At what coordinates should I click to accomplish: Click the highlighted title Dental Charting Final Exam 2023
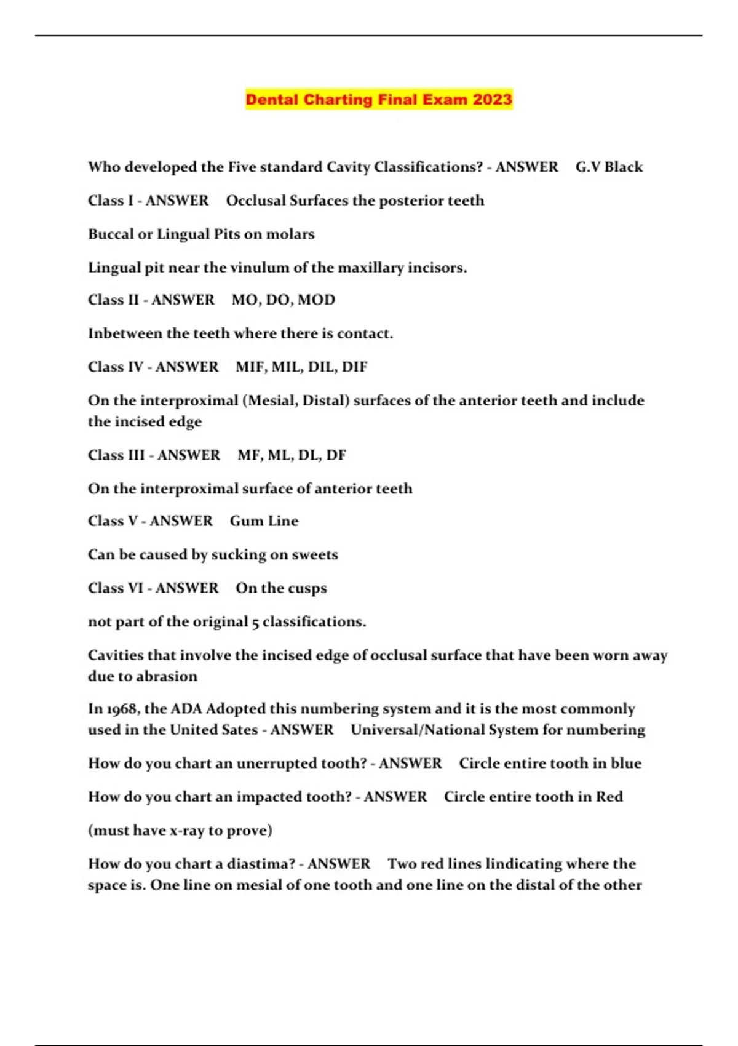pyautogui.click(x=378, y=99)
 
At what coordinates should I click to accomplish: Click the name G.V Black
pyautogui.click(x=609, y=167)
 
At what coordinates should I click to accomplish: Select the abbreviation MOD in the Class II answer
pyautogui.click(x=317, y=300)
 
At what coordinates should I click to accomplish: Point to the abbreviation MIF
pyautogui.click(x=249, y=367)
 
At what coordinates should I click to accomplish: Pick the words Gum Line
pyautogui.click(x=264, y=521)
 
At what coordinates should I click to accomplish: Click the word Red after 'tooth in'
pyautogui.click(x=609, y=796)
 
